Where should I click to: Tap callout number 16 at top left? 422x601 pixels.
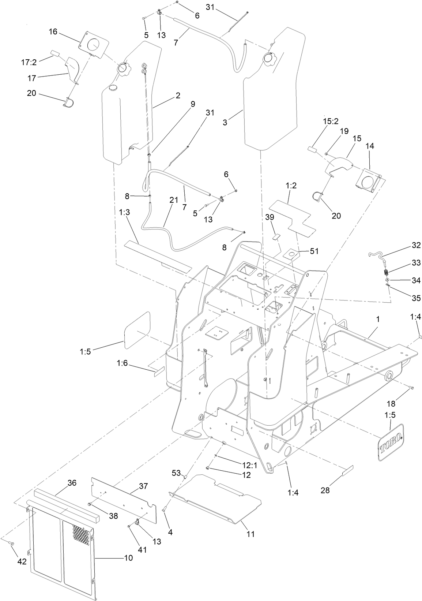point(53,31)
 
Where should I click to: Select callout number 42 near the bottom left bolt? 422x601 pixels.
point(22,561)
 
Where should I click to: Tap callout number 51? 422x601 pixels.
point(314,251)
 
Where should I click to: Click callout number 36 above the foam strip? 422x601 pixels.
point(72,483)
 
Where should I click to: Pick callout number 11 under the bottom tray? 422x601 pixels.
point(250,534)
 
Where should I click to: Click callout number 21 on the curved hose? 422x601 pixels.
point(174,200)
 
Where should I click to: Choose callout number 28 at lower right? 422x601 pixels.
point(325,490)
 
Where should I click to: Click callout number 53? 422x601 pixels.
point(176,473)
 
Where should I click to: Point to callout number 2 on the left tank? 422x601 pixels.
point(178,96)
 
